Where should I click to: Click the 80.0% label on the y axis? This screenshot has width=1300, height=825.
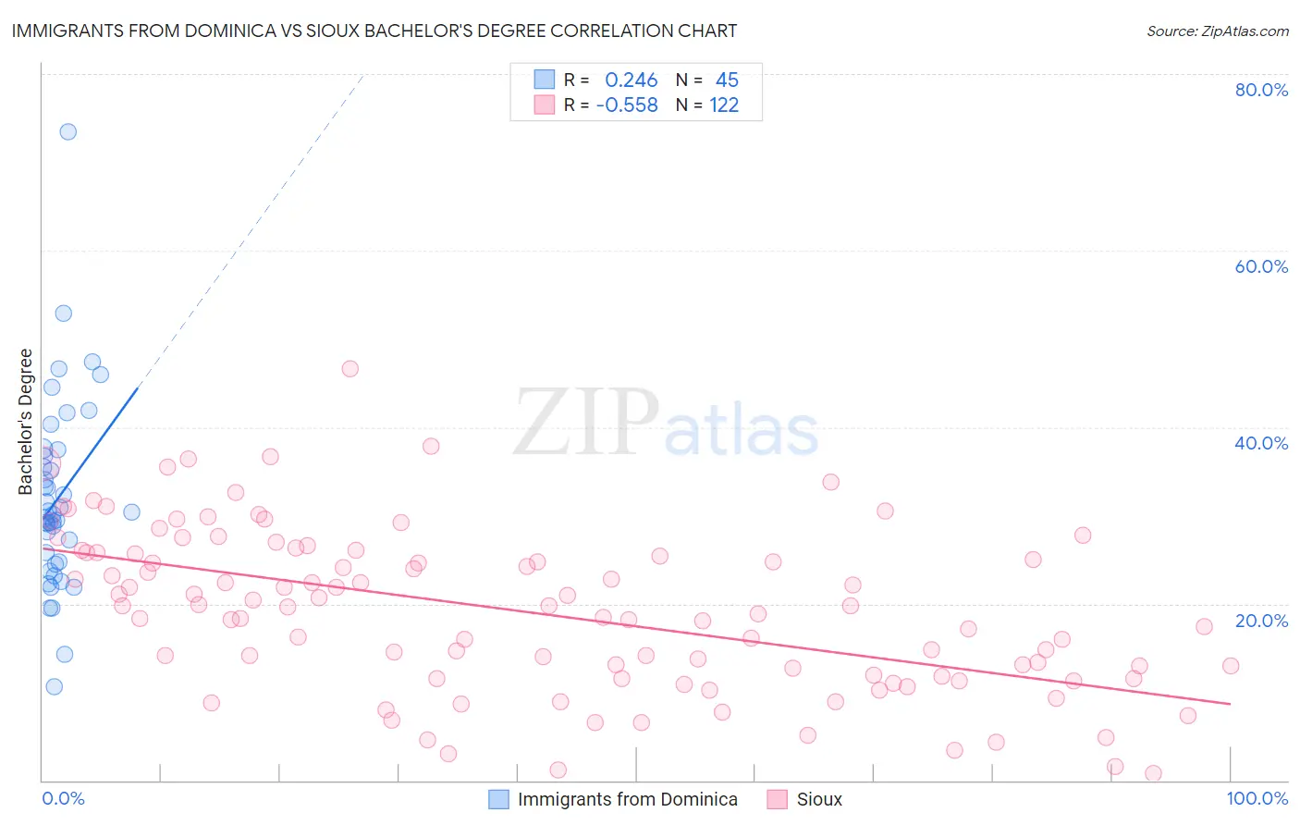(1261, 90)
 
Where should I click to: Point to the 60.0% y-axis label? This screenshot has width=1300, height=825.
(1261, 266)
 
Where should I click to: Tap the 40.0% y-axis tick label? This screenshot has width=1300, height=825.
(1261, 443)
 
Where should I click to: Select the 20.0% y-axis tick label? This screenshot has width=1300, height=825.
(1261, 621)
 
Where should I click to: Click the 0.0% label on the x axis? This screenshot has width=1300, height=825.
(63, 798)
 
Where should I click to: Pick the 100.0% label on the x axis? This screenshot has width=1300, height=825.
(1257, 798)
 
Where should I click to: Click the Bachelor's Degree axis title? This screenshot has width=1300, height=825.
(26, 421)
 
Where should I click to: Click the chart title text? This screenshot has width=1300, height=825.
(374, 31)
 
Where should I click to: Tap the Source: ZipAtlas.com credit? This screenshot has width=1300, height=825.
(1217, 31)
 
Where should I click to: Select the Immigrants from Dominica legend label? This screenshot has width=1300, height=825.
(627, 799)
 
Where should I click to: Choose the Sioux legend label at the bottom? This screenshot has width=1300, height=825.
(819, 799)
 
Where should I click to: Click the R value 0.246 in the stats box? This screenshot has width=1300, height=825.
(631, 80)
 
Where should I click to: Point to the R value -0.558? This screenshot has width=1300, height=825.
(627, 105)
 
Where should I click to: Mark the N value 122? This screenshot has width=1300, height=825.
(724, 105)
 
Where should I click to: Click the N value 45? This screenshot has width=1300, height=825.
(727, 80)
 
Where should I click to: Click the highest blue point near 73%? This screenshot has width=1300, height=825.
(67, 131)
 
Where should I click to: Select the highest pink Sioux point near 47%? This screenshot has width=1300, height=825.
(350, 368)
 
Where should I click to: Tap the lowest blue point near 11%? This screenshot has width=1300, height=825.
(54, 686)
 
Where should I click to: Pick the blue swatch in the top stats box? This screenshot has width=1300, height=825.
(545, 80)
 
